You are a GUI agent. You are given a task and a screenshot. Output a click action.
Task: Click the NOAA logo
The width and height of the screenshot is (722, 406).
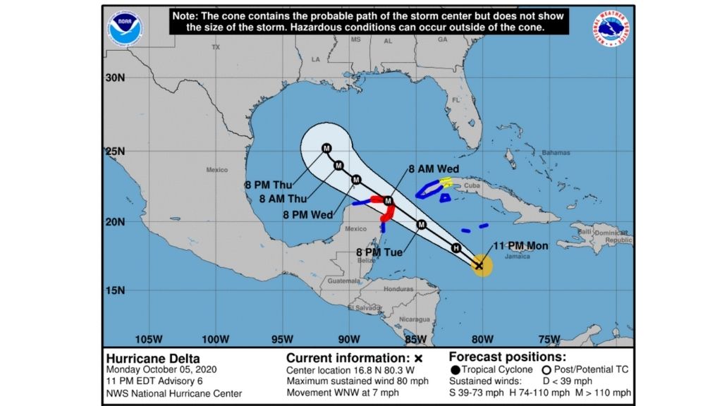(x=125, y=27)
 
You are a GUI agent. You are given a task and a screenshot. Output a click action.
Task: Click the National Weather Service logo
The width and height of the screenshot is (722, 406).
(x=611, y=29)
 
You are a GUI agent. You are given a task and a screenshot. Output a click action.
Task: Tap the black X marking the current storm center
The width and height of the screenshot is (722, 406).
(x=479, y=266)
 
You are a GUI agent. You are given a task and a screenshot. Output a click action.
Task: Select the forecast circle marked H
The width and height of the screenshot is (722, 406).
(x=456, y=247)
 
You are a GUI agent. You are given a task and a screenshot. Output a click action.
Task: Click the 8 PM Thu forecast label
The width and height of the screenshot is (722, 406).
(x=269, y=185)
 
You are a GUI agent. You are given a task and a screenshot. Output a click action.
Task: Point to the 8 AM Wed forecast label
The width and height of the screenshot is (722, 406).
(x=434, y=169)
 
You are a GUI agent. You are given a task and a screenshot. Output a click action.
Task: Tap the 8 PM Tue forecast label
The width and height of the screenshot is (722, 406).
(x=379, y=252)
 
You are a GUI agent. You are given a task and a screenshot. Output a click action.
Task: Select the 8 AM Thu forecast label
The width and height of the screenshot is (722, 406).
(x=283, y=199)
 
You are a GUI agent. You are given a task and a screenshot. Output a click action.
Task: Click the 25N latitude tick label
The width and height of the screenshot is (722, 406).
(x=115, y=152)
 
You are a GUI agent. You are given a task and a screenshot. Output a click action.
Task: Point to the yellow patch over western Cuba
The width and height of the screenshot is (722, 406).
(x=446, y=182)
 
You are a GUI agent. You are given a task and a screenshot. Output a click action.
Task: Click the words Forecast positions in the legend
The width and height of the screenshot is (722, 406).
(x=507, y=357)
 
